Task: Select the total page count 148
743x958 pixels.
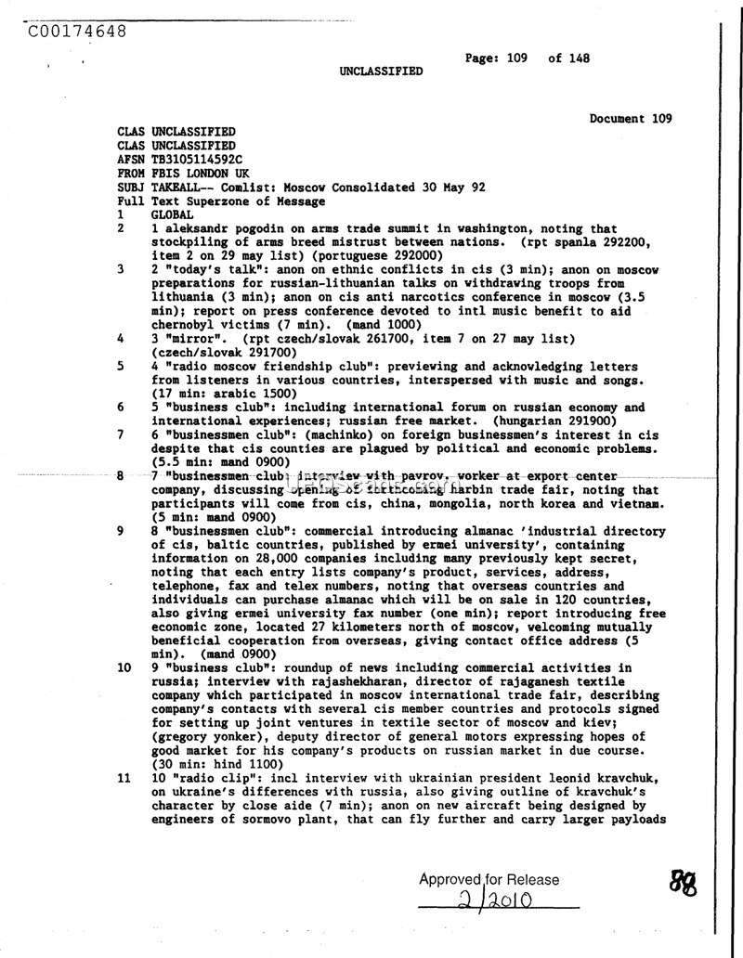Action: point(580,58)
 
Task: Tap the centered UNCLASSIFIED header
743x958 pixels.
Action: point(380,71)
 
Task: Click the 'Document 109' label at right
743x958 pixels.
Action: point(631,119)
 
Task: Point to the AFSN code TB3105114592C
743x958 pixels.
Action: point(197,160)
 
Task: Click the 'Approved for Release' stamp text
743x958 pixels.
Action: point(489,880)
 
